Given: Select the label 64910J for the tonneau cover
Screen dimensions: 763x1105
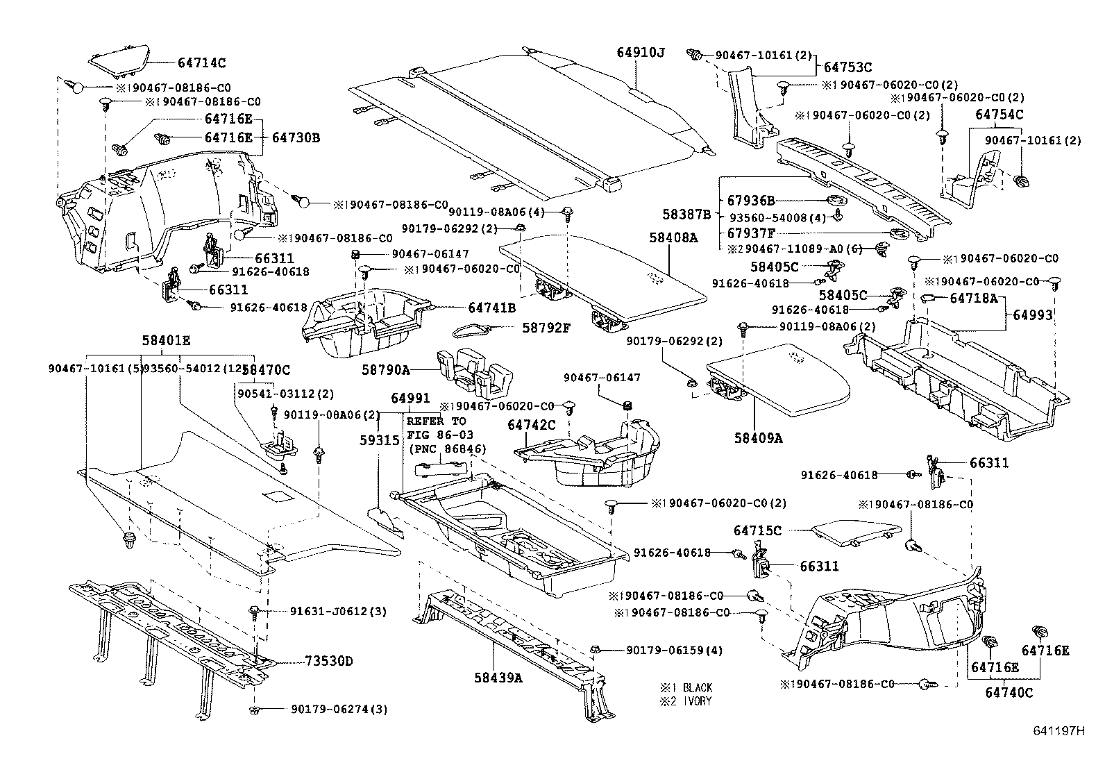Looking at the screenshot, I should coord(641,52).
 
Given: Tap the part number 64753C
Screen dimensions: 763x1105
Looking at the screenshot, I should coord(847,67).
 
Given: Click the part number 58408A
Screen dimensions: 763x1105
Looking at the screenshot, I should coord(673,237).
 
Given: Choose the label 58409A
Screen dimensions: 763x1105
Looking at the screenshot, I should coord(759,438).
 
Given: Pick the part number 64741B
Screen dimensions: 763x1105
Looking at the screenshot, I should coord(491,308).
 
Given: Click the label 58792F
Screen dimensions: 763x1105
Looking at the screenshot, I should coord(546,326).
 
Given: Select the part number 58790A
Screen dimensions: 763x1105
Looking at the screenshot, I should coord(385,371).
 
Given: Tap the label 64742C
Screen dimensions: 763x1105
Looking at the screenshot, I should coord(532,425).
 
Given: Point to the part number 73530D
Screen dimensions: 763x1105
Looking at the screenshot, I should coord(328,661).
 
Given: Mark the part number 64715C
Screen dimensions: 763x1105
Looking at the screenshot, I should coord(757,530).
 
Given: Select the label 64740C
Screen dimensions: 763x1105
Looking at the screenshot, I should coord(1009,692).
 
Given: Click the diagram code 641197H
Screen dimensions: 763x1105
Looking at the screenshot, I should coord(1057,731).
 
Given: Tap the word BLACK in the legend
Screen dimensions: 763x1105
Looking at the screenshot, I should coord(697,687).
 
